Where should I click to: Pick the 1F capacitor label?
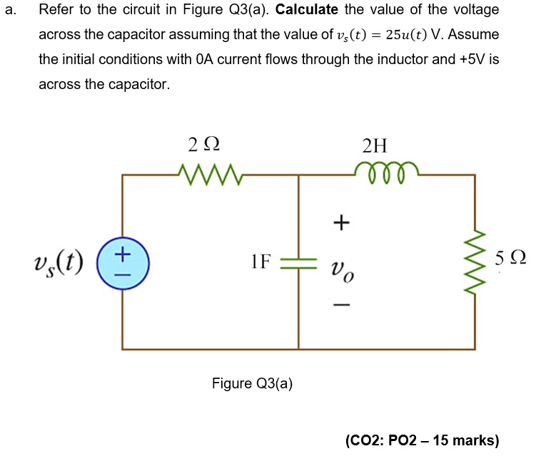pyautogui.click(x=261, y=261)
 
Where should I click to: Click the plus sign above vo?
pyautogui.click(x=341, y=224)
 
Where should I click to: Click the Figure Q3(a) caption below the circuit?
pyautogui.click(x=252, y=383)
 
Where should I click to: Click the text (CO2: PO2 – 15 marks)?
pyautogui.click(x=422, y=440)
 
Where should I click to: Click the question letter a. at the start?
pyautogui.click(x=9, y=11)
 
